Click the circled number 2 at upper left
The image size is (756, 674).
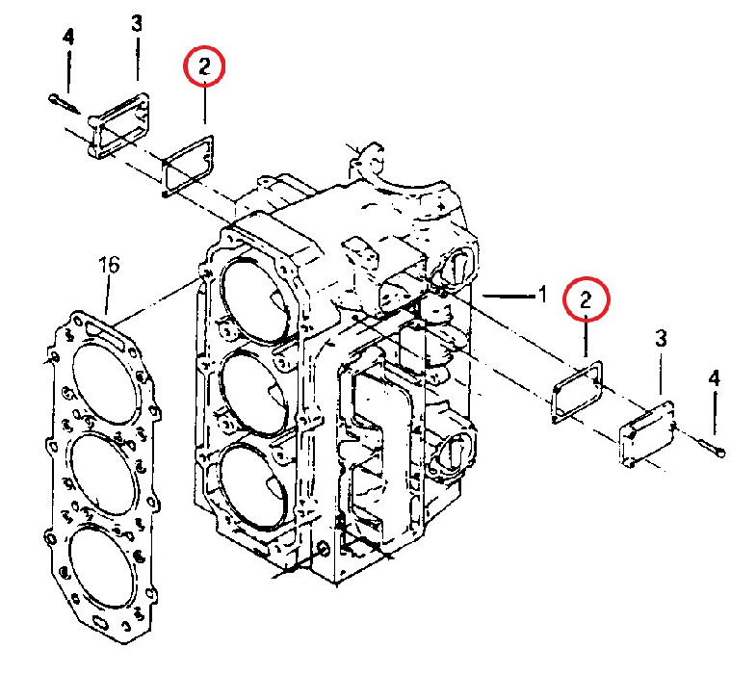point(203,67)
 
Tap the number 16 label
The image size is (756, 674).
point(109,265)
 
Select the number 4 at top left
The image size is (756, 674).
point(68,38)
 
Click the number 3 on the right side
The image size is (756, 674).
point(661,338)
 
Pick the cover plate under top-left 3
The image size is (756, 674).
point(120,123)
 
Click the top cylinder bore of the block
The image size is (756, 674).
point(254,294)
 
